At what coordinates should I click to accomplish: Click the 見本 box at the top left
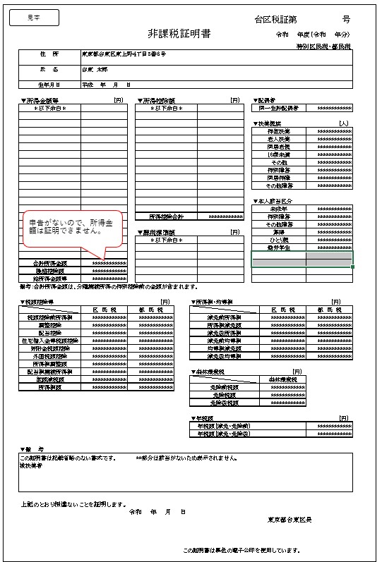pyautogui.click(x=34, y=17)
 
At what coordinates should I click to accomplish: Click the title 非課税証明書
pyautogui.click(x=179, y=34)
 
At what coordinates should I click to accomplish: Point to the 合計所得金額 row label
pyautogui.click(x=49, y=263)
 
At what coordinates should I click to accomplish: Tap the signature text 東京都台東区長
pyautogui.click(x=290, y=520)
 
